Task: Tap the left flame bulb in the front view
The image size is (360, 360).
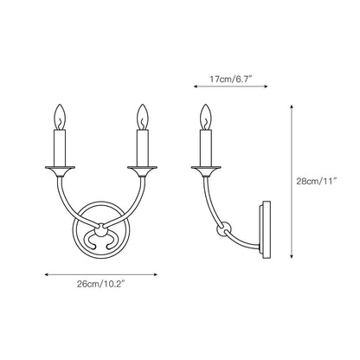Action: click(x=60, y=116)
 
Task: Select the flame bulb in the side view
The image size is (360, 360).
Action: click(x=206, y=116)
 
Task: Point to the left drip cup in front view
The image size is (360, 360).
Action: click(x=60, y=167)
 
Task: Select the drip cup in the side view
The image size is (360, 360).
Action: click(x=206, y=167)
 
